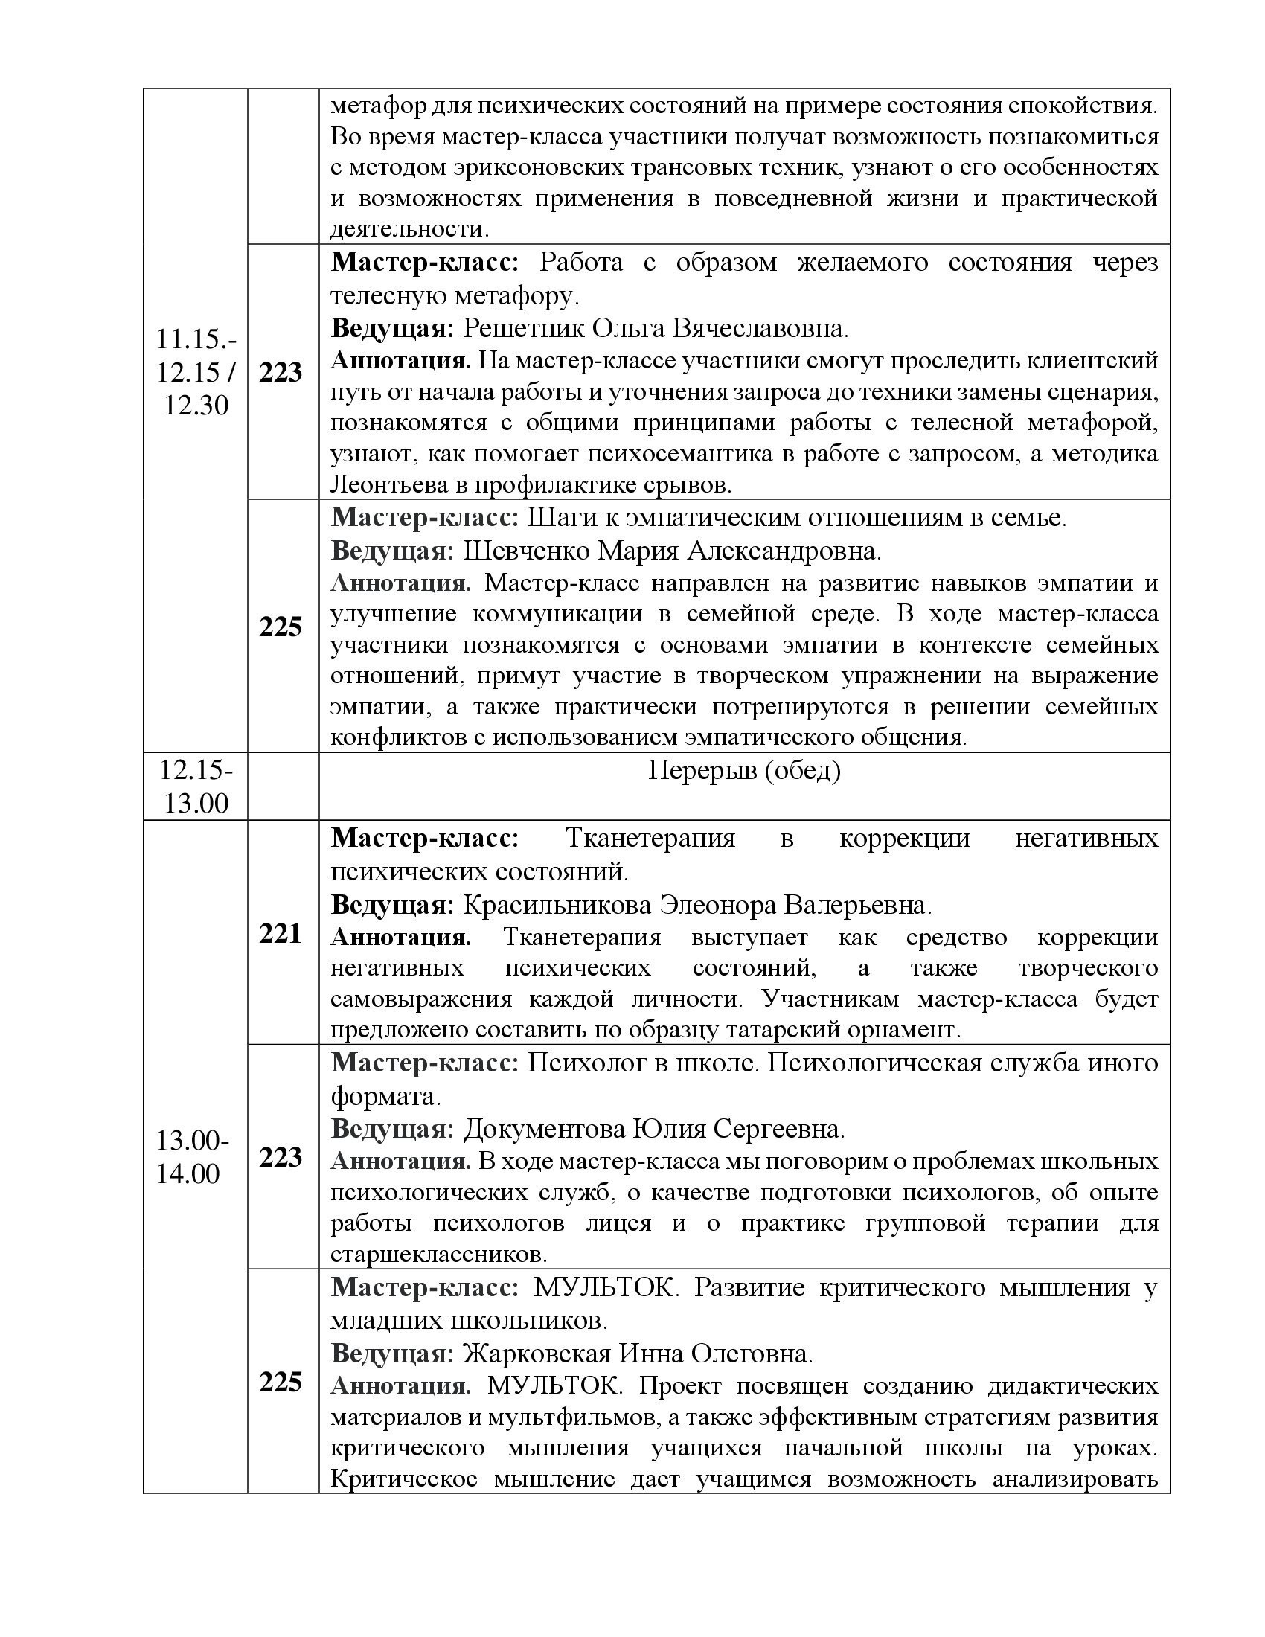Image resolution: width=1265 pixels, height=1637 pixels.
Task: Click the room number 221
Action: (x=280, y=933)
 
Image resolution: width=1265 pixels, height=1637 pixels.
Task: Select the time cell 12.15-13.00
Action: (x=196, y=787)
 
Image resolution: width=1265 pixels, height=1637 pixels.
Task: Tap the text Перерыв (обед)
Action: (x=743, y=771)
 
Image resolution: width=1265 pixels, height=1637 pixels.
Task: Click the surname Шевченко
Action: (x=525, y=551)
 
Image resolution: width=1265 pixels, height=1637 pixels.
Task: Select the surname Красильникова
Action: (x=557, y=906)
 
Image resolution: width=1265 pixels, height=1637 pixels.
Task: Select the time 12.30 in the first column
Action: (x=196, y=406)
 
